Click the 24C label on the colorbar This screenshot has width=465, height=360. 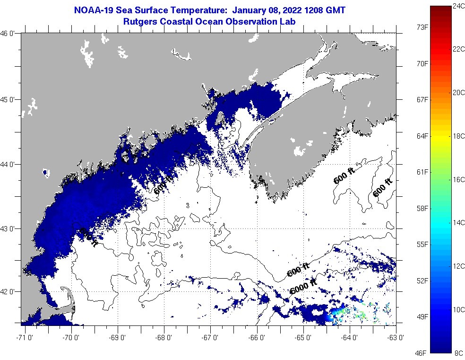point(458,6)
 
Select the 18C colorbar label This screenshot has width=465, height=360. point(458,136)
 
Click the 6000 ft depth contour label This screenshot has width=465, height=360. point(303,286)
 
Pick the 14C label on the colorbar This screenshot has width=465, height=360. point(458,222)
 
